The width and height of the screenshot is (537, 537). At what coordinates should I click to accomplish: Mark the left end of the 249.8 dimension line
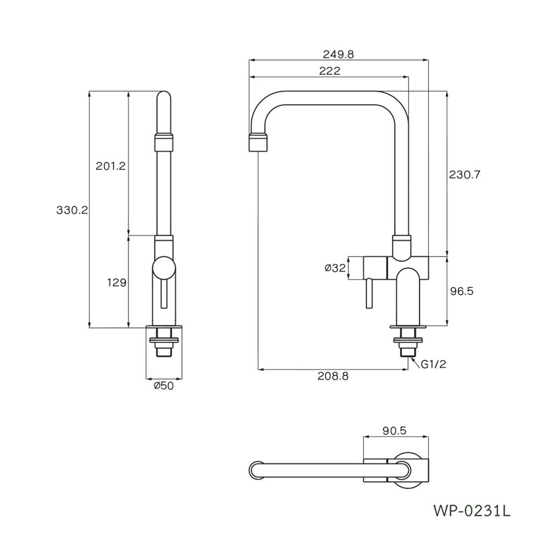pos(249,60)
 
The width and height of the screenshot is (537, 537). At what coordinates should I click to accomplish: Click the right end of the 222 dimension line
pos(409,77)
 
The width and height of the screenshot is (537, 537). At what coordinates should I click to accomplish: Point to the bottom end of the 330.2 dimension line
pos(89,328)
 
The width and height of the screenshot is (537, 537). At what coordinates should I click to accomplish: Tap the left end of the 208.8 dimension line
pos(258,369)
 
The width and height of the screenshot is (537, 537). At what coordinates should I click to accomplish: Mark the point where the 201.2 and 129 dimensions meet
pos(129,235)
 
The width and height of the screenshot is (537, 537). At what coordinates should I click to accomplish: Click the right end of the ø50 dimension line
pos(182,379)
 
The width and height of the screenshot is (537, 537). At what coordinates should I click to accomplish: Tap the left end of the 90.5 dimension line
pos(364,437)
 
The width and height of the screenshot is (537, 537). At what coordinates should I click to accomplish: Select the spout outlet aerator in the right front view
pos(258,142)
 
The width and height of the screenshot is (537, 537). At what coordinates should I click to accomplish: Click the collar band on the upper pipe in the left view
pos(164,142)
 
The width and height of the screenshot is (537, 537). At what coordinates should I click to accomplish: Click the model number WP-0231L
pos(471,510)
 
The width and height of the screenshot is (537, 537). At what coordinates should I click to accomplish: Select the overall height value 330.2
pos(72,210)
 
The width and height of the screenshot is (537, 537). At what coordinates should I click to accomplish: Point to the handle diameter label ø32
pos(335,268)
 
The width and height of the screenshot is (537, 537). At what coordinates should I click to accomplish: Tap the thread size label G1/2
pos(433,364)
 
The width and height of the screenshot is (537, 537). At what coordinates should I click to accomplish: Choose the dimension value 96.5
pos(461,291)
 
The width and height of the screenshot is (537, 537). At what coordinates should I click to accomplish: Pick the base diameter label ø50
pos(164,386)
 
